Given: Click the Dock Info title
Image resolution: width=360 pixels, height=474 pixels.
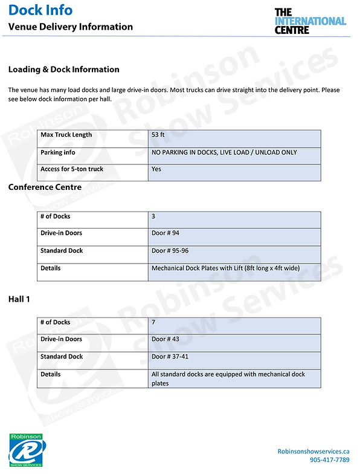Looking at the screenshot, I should [x=40, y=10].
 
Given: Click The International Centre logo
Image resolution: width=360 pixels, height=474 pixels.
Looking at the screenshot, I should [x=310, y=21].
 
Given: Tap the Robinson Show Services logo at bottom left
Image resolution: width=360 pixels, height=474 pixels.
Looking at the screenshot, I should [x=26, y=450].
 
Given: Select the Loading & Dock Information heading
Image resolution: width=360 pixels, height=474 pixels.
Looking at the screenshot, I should [x=63, y=70].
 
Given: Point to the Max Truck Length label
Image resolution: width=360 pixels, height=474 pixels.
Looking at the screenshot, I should [x=66, y=135].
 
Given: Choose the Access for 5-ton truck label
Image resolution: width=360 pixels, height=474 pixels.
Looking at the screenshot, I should [x=71, y=169].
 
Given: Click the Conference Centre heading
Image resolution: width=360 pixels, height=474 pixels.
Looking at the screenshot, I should [x=45, y=187].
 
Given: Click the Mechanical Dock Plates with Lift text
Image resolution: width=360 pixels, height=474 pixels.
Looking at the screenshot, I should [x=225, y=268].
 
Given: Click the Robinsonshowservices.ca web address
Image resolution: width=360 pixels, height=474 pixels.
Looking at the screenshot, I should [x=313, y=451].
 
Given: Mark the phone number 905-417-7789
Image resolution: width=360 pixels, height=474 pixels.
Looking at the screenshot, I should [x=329, y=460].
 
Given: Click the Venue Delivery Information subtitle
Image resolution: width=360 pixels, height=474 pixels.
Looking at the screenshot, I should [x=70, y=27].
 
